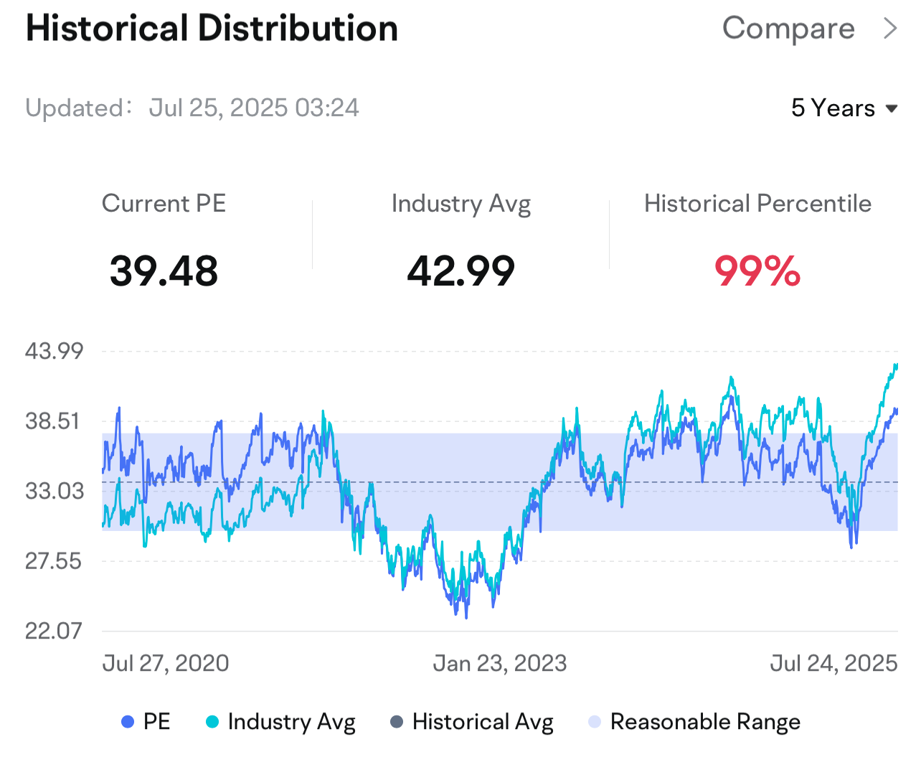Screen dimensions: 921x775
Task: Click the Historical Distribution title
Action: [212, 29]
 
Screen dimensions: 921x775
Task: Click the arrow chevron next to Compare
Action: [889, 29]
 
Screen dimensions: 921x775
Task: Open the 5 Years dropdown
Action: [844, 108]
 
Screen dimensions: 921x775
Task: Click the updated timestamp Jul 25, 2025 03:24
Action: [254, 108]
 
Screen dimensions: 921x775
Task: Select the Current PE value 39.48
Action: [164, 271]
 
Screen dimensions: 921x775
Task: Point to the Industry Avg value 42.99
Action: [461, 271]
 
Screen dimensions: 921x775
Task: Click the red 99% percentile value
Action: [757, 271]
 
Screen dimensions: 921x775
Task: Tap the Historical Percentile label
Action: [757, 204]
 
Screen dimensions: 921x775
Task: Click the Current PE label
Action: [164, 204]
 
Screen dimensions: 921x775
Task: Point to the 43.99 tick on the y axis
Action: [54, 352]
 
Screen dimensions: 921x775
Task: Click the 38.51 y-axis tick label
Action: [52, 421]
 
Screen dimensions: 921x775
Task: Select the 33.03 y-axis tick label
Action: [55, 491]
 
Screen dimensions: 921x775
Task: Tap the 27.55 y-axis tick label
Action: [53, 561]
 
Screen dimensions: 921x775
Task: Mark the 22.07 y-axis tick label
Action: [53, 631]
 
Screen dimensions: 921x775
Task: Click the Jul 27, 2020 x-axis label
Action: [166, 663]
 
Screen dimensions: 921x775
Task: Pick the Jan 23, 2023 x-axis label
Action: [499, 663]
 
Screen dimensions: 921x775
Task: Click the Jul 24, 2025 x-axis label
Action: [833, 663]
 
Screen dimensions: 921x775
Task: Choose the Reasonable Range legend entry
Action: [694, 722]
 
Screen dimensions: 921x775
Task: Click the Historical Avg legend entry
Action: [472, 722]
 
